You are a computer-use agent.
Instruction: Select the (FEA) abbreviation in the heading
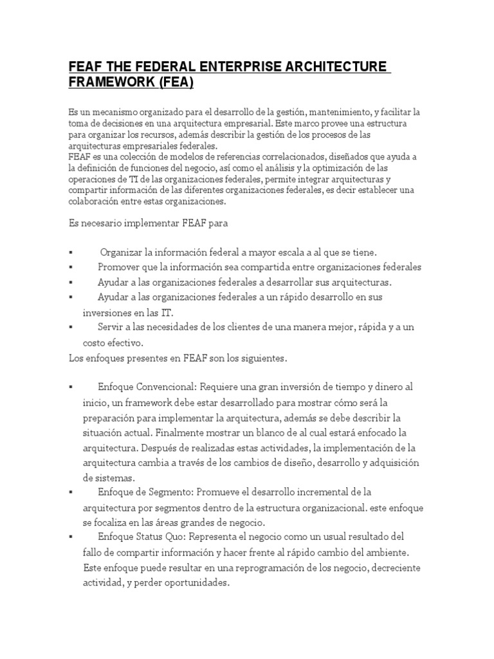tap(171, 83)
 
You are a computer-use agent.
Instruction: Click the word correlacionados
tap(256, 156)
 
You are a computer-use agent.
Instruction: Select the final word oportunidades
tap(192, 583)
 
